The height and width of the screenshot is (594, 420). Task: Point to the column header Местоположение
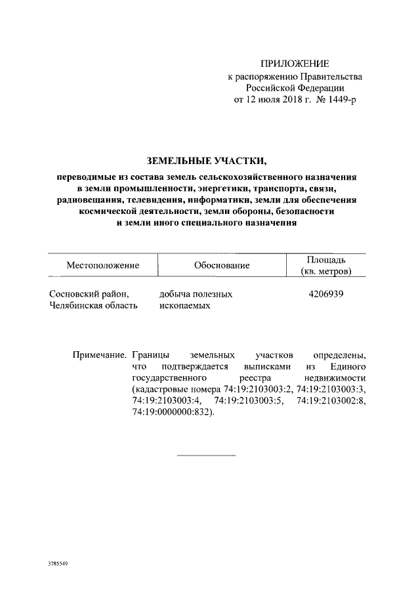tap(103, 265)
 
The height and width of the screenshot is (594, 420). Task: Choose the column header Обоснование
tap(222, 265)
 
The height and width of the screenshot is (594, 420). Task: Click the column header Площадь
tap(325, 260)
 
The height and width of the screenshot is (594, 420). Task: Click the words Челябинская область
tap(94, 306)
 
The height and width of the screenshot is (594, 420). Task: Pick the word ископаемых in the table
tap(185, 306)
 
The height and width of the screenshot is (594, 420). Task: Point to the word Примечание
tap(99, 354)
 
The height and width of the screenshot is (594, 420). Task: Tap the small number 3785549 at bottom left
tap(58, 564)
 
